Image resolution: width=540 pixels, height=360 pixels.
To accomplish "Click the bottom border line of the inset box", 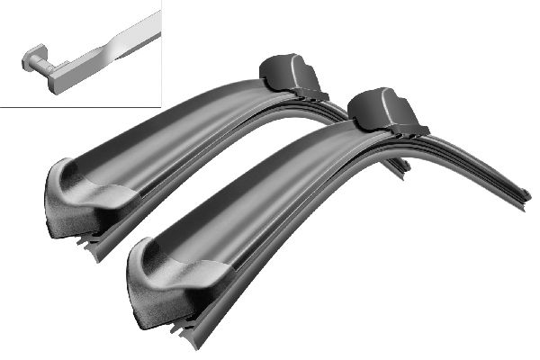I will [x=81, y=105].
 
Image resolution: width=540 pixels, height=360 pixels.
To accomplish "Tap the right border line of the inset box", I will [x=160, y=54].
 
